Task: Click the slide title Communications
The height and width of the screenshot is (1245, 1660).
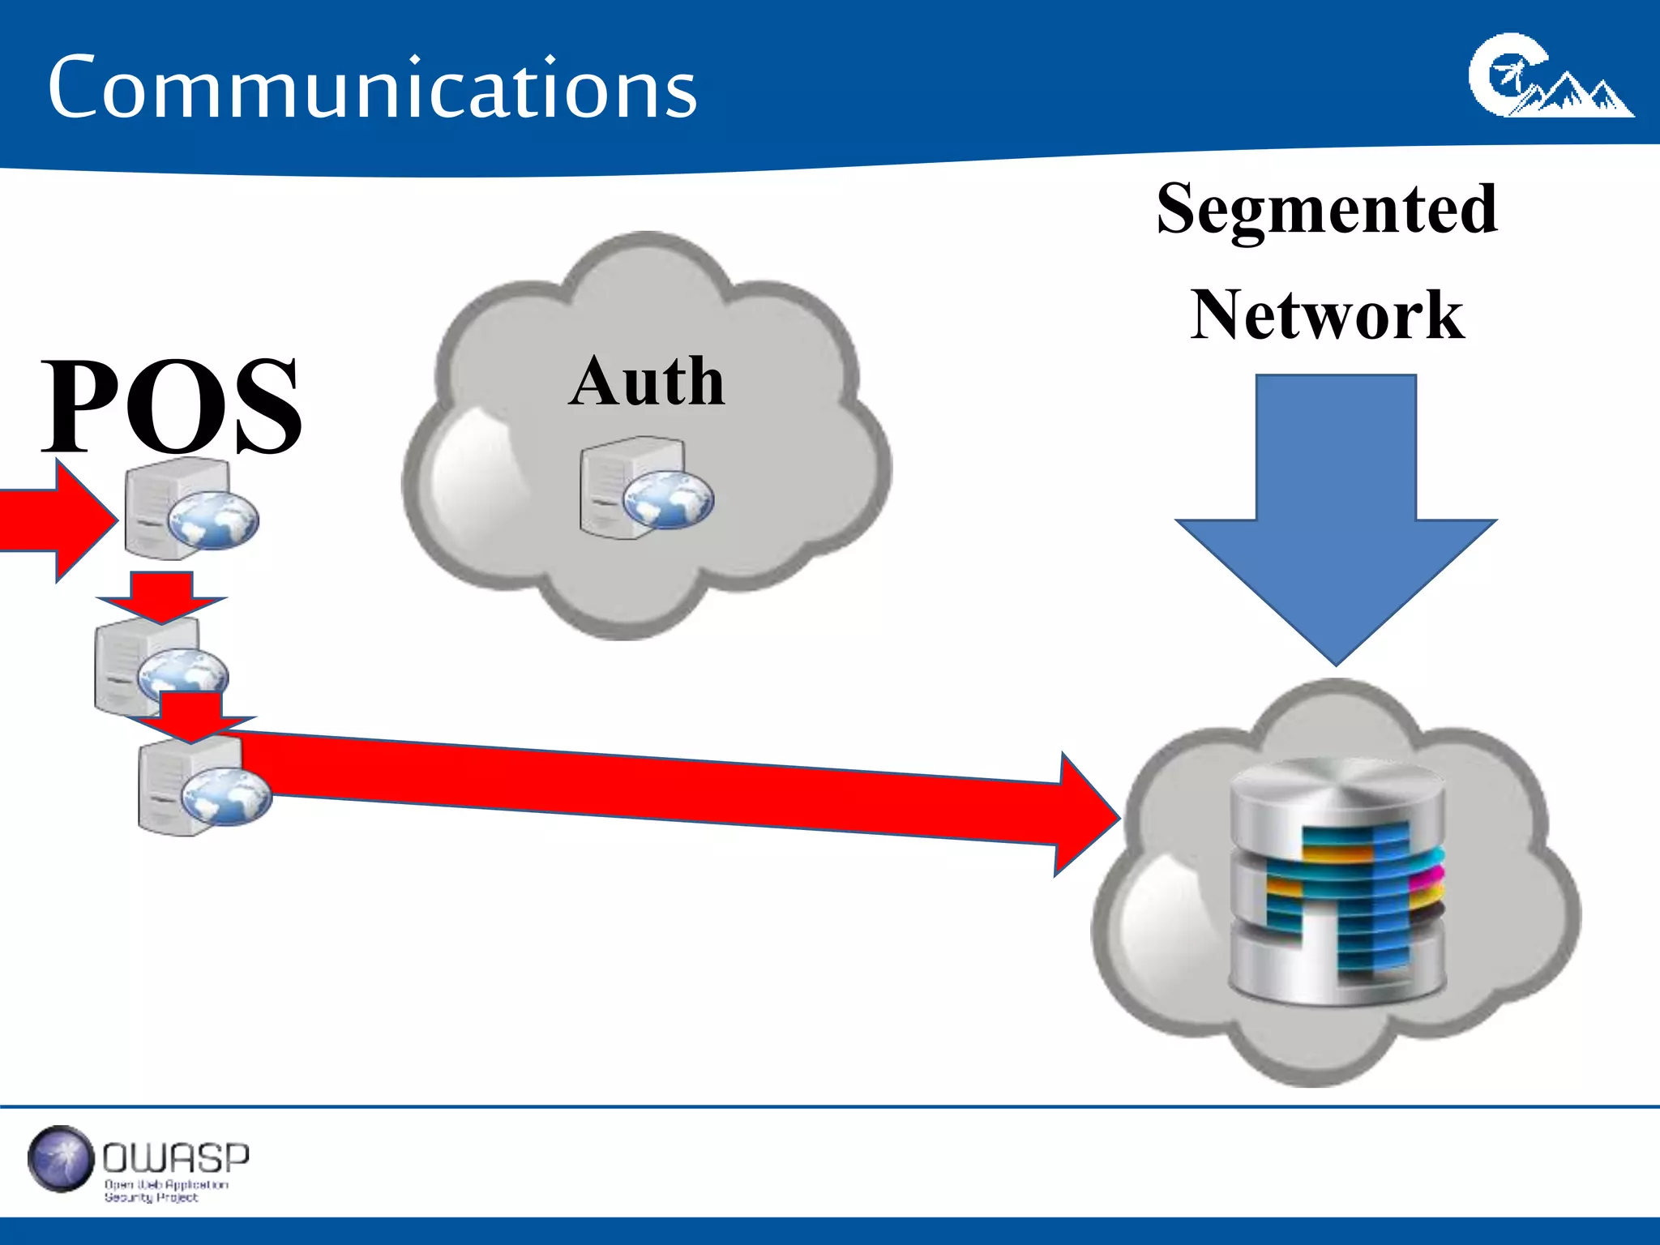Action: coord(372,88)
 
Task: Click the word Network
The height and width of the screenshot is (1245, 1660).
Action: coord(1327,315)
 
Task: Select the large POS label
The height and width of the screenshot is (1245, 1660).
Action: coord(172,405)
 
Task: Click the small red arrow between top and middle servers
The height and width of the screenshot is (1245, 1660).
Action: coord(161,596)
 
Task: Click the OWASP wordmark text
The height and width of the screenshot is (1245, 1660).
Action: coord(176,1158)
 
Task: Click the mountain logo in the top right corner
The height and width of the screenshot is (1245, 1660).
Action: coord(1550,77)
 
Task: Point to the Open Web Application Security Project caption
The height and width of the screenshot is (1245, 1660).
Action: coord(165,1191)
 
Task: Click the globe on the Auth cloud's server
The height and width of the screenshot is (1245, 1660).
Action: coord(668,499)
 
